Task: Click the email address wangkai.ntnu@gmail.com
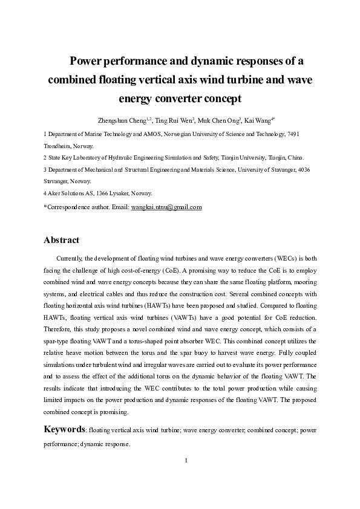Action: (166, 207)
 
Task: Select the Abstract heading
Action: (61, 240)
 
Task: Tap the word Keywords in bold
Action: (64, 429)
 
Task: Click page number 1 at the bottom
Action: (187, 461)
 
